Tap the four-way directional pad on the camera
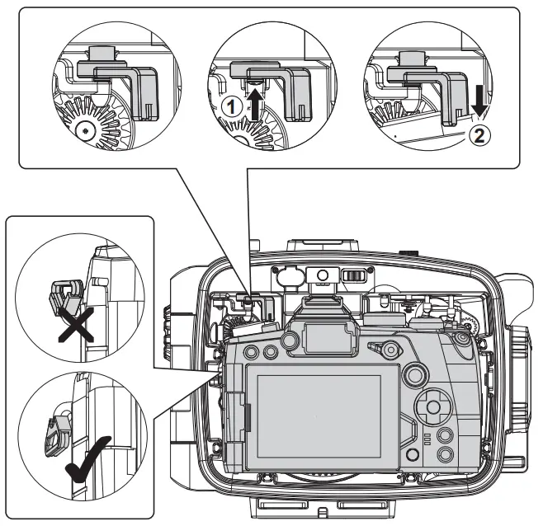[430, 406]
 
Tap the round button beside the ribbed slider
[323, 274]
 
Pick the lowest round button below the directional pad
[446, 454]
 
